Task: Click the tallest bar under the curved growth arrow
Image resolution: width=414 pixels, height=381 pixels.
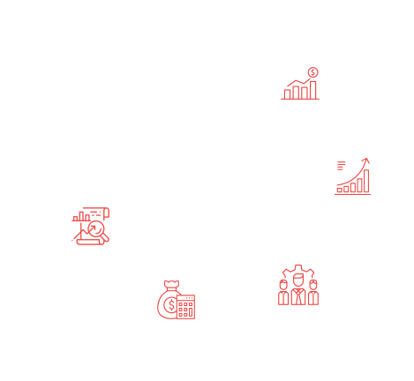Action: pos(368,181)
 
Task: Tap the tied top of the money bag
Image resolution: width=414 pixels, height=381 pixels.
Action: pos(169,284)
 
